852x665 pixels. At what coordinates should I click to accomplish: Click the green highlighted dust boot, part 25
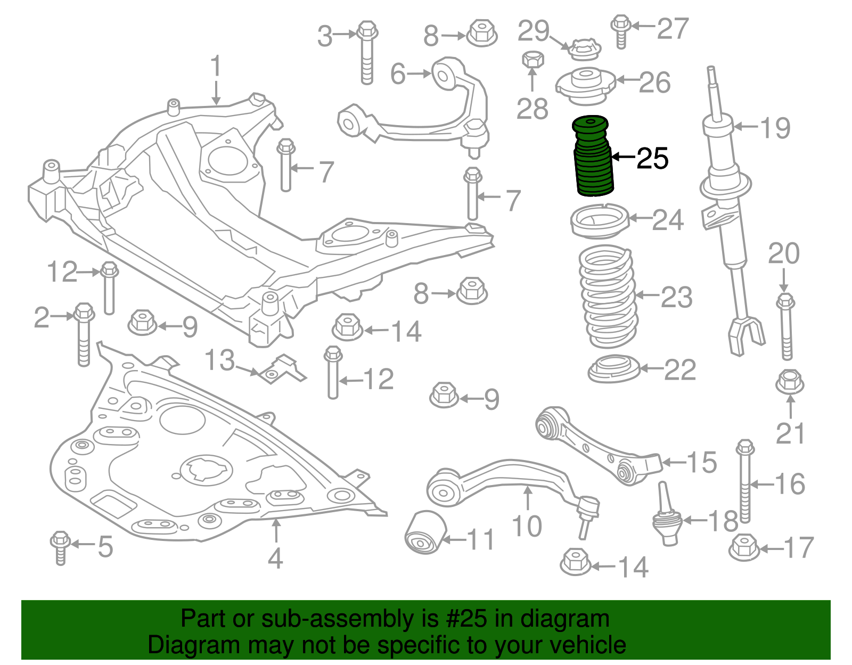pos(592,156)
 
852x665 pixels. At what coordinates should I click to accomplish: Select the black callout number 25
pos(652,159)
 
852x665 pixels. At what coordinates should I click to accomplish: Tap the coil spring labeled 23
pos(608,296)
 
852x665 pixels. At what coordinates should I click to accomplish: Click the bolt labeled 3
pos(367,53)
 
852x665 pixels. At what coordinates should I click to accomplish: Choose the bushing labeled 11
pos(425,532)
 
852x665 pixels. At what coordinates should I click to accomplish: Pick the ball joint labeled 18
pos(667,514)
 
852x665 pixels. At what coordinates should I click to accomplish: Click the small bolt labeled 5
pos(60,548)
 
